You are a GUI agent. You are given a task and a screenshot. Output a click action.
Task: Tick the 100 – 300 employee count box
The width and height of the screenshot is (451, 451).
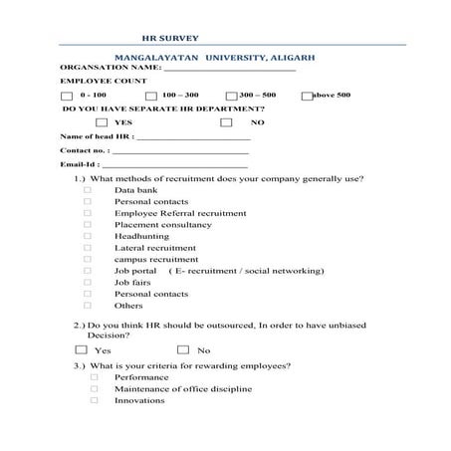coord(150,96)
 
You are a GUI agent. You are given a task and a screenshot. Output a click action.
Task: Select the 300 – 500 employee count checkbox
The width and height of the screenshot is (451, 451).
coord(230,96)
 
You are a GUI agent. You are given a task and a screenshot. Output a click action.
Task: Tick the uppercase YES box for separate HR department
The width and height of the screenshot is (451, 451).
coord(103,121)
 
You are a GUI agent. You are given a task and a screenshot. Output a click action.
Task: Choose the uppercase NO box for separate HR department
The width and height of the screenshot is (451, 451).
coord(226,121)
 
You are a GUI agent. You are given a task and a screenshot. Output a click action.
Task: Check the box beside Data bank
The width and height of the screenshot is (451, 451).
coord(88,189)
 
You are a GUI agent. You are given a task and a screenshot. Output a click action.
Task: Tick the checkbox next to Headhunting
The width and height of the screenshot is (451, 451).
coord(88,236)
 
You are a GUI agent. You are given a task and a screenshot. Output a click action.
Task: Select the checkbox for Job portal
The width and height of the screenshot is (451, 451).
coord(88,271)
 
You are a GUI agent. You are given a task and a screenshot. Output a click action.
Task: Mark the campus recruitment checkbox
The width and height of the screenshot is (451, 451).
coord(88,259)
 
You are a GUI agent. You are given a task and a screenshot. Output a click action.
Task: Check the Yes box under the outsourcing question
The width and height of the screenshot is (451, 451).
coord(81,349)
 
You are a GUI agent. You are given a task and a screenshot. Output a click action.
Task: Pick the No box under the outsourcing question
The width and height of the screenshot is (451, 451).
coord(183,349)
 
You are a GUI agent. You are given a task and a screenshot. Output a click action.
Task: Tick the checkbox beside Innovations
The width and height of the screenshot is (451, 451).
coord(95,400)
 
